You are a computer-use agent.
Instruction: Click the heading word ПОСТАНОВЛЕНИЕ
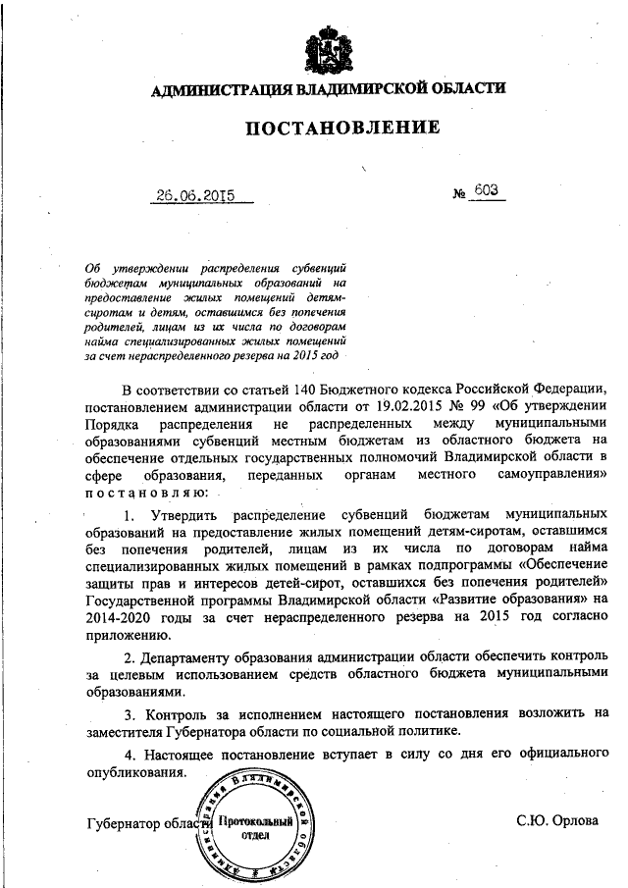(x=329, y=129)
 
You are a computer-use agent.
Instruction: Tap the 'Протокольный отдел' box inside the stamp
(x=256, y=827)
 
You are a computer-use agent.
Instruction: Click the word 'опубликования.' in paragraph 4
(x=136, y=772)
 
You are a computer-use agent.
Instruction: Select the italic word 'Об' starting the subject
(x=94, y=267)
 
